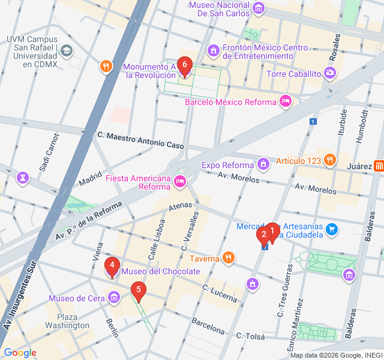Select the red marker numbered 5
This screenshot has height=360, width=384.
139,291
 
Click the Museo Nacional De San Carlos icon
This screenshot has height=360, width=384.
259,8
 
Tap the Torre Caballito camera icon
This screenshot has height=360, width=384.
329,73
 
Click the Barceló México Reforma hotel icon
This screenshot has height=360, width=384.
286,101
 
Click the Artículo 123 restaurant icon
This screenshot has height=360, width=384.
329,160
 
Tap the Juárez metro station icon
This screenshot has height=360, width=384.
379,166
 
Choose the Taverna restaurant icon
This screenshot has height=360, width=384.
228,258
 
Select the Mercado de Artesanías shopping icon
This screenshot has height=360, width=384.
333,229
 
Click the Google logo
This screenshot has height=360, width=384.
20,353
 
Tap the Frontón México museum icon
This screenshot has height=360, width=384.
212,49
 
